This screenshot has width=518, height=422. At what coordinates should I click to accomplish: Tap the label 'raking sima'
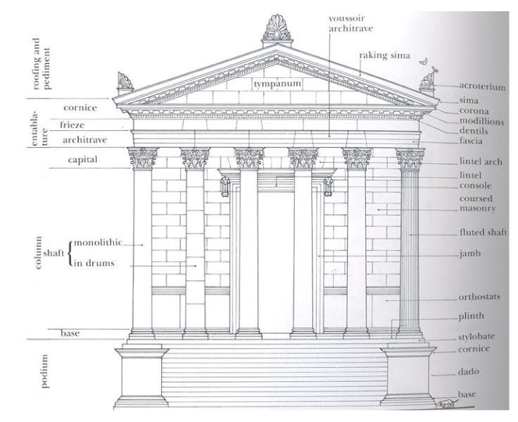384,54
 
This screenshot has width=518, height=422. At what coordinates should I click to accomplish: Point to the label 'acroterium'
482,87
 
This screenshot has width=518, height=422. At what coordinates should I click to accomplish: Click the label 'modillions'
482,121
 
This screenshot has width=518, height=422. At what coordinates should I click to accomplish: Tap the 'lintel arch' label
480,162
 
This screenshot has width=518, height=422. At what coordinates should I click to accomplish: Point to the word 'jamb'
470,253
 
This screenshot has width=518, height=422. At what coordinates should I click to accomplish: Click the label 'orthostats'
479,297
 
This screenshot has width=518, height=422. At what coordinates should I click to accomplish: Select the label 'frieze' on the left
72,124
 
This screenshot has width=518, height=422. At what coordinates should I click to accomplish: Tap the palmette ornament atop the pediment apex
277,27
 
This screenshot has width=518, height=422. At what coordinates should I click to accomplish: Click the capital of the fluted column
410,159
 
